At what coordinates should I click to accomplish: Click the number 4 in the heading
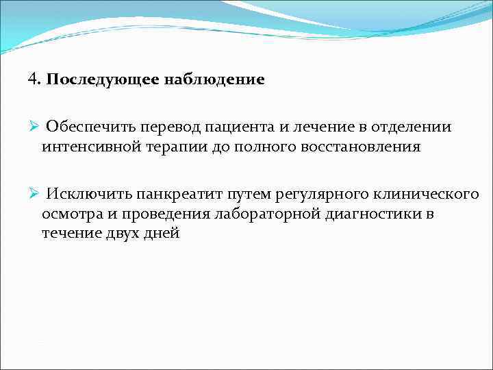point(32,79)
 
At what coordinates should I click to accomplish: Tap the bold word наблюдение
point(214,79)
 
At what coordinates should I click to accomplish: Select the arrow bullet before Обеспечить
point(33,127)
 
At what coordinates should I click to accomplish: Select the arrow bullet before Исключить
point(33,195)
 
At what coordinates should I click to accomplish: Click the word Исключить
point(87,195)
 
